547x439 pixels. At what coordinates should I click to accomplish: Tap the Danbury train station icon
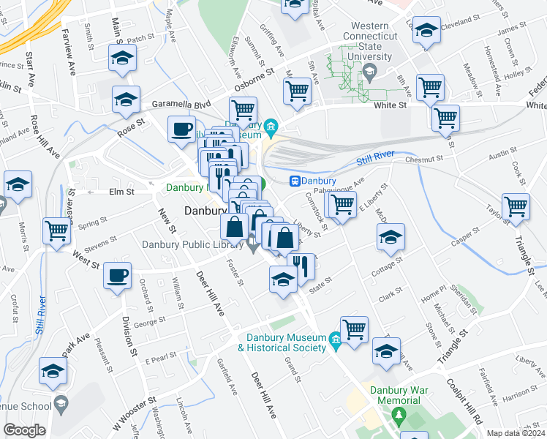pyautogui.click(x=295, y=181)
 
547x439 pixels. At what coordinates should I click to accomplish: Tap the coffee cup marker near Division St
pyautogui.click(x=117, y=276)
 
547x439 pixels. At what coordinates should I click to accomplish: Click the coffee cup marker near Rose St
pyautogui.click(x=181, y=130)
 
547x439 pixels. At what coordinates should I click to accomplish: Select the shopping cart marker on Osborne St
pyautogui.click(x=298, y=91)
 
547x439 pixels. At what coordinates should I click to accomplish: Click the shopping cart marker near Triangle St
pyautogui.click(x=516, y=207)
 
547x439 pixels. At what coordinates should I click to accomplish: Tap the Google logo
pyautogui.click(x=25, y=430)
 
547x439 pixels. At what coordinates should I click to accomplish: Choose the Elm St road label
pyautogui.click(x=121, y=192)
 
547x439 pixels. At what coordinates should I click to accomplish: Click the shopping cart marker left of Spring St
pyautogui.click(x=56, y=231)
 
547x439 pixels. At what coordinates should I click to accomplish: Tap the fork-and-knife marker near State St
pyautogui.click(x=301, y=265)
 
